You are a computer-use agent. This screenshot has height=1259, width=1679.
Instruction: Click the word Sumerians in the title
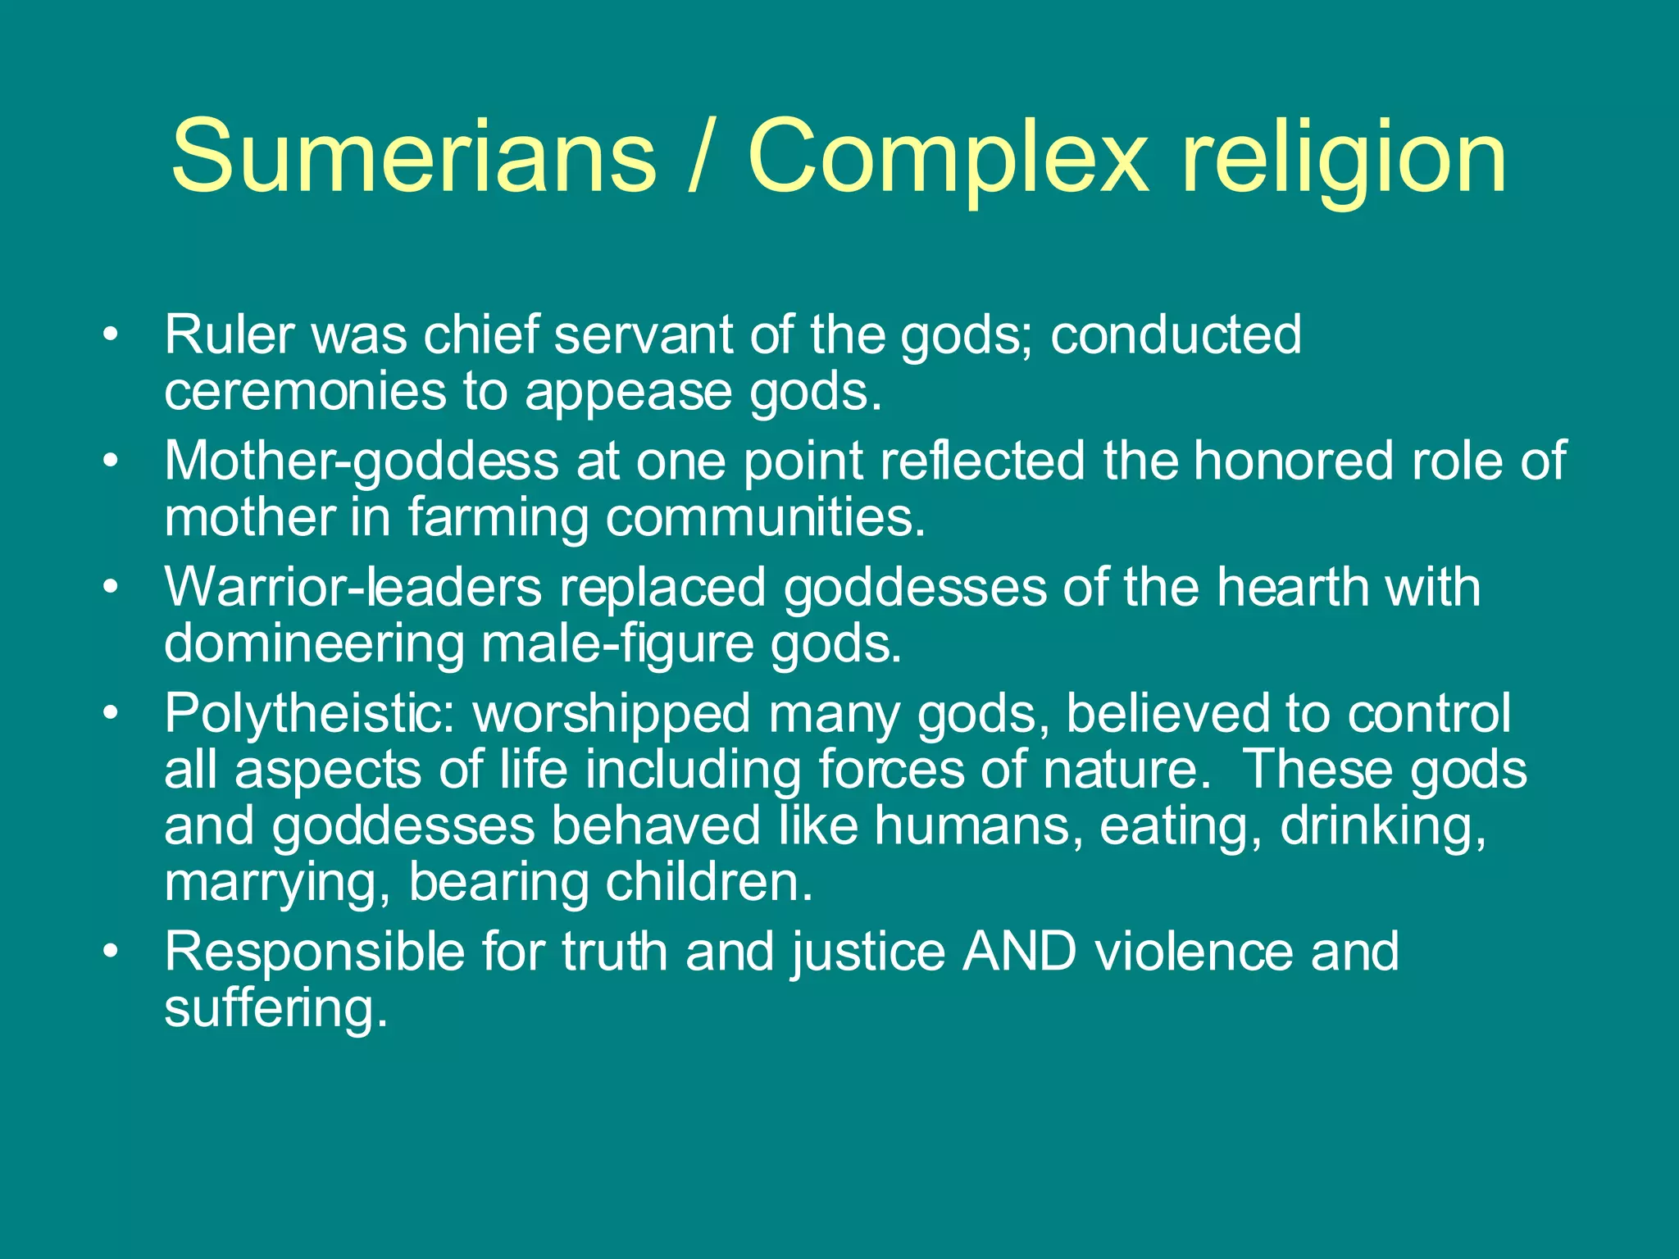413,156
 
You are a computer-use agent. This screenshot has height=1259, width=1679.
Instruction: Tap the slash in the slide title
701,156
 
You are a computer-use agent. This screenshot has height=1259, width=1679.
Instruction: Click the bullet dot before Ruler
111,336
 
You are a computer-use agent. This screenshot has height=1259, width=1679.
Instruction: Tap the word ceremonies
305,392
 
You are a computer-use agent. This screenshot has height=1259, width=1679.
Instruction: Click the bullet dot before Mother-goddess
111,461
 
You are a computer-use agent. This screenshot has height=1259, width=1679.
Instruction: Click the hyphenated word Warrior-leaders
353,587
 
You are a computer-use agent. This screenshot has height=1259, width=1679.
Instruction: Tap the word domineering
314,644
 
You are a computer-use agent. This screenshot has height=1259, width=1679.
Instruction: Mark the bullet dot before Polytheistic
111,714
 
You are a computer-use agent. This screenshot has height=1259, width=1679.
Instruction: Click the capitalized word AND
1019,952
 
